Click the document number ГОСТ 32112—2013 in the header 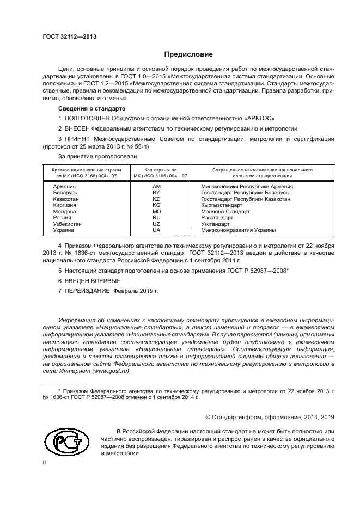(69, 36)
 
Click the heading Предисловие (185, 54)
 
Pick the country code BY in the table (156, 193)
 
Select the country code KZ (156, 199)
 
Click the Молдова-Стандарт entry (225, 211)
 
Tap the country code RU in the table (156, 218)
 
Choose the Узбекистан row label (68, 224)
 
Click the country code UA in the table (156, 230)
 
